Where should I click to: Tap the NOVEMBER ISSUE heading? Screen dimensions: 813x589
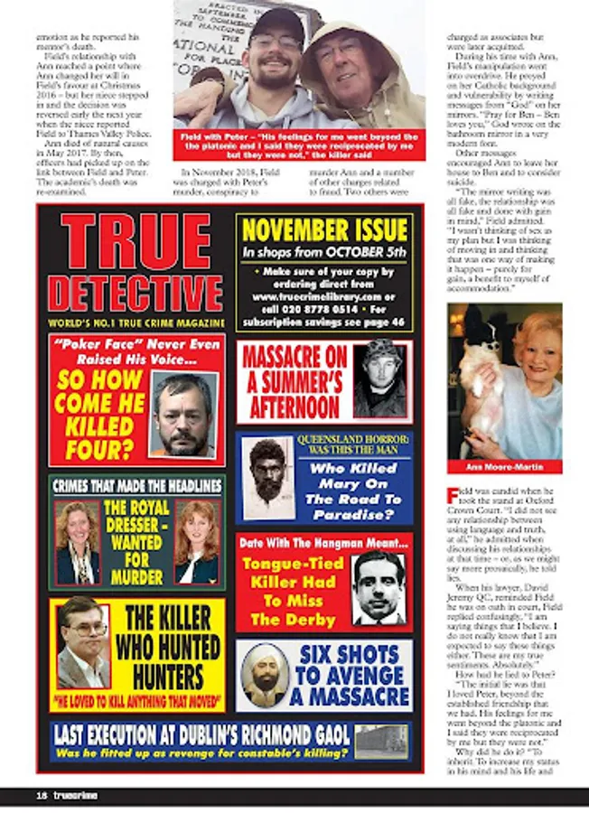click(325, 229)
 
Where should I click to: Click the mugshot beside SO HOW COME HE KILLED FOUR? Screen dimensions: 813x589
click(183, 415)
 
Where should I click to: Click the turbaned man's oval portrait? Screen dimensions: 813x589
click(265, 674)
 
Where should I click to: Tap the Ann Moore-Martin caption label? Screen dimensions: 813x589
click(505, 466)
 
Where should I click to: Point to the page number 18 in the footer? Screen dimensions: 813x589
click(16, 795)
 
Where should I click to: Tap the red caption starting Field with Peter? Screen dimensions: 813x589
click(299, 145)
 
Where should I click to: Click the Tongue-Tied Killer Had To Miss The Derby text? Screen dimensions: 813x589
click(292, 593)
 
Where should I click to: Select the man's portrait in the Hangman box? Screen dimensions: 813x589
click(377, 588)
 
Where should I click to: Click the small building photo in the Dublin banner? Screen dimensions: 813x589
click(382, 740)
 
